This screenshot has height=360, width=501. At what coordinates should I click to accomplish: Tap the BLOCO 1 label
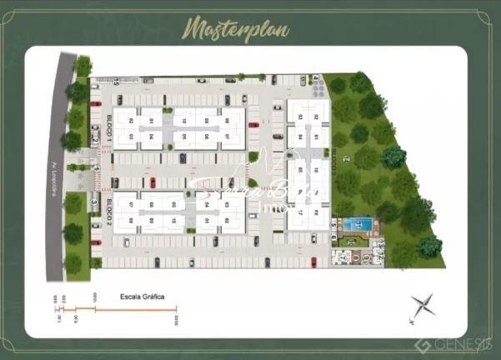(109, 127)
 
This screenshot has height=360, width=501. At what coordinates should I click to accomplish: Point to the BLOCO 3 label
(333, 159)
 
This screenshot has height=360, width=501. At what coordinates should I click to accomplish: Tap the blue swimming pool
(360, 225)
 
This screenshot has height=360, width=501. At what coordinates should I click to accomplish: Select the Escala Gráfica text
(143, 296)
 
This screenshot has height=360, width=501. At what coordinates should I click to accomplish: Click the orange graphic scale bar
(117, 310)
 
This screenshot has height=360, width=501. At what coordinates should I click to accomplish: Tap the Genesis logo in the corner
(458, 344)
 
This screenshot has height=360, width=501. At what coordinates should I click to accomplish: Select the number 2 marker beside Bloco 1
(95, 141)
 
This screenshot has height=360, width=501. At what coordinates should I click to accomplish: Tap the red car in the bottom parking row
(313, 261)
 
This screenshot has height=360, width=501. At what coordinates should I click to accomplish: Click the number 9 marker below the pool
(366, 257)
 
